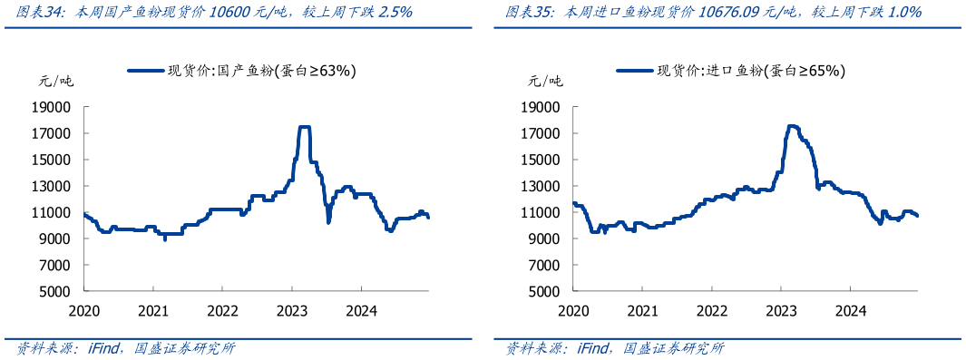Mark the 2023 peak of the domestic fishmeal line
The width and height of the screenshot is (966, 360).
point(305,127)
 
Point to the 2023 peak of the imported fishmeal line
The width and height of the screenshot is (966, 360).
point(793,126)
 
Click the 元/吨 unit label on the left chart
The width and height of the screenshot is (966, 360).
point(56,81)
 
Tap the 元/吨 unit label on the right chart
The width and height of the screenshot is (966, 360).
point(545,81)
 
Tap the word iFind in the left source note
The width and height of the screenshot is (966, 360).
point(93,348)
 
